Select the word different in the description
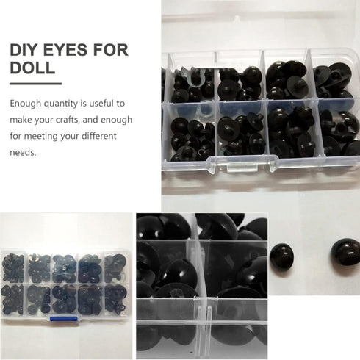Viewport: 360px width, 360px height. coord(121,136)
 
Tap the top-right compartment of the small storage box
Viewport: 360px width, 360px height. coord(115,264)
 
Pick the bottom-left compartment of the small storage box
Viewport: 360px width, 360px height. coord(14,300)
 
